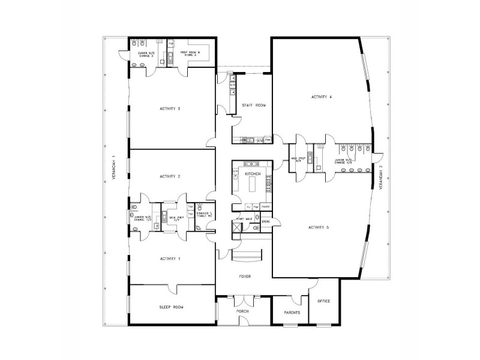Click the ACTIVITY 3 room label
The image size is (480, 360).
click(170, 109)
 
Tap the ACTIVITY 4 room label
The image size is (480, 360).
click(322, 97)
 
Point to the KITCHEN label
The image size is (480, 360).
click(253, 173)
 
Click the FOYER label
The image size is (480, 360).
click(245, 277)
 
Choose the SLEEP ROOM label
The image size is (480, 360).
click(172, 307)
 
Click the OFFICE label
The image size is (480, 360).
click(324, 301)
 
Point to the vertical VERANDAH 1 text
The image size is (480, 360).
click(113, 172)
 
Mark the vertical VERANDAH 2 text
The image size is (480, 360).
click(380, 177)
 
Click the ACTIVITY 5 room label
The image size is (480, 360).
click(319, 227)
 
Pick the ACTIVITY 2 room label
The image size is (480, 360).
click(170, 176)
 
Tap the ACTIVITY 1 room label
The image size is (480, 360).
click(170, 258)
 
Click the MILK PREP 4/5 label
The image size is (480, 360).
click(298, 160)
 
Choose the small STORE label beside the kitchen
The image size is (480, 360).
click(266, 222)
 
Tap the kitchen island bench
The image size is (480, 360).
click(252, 187)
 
